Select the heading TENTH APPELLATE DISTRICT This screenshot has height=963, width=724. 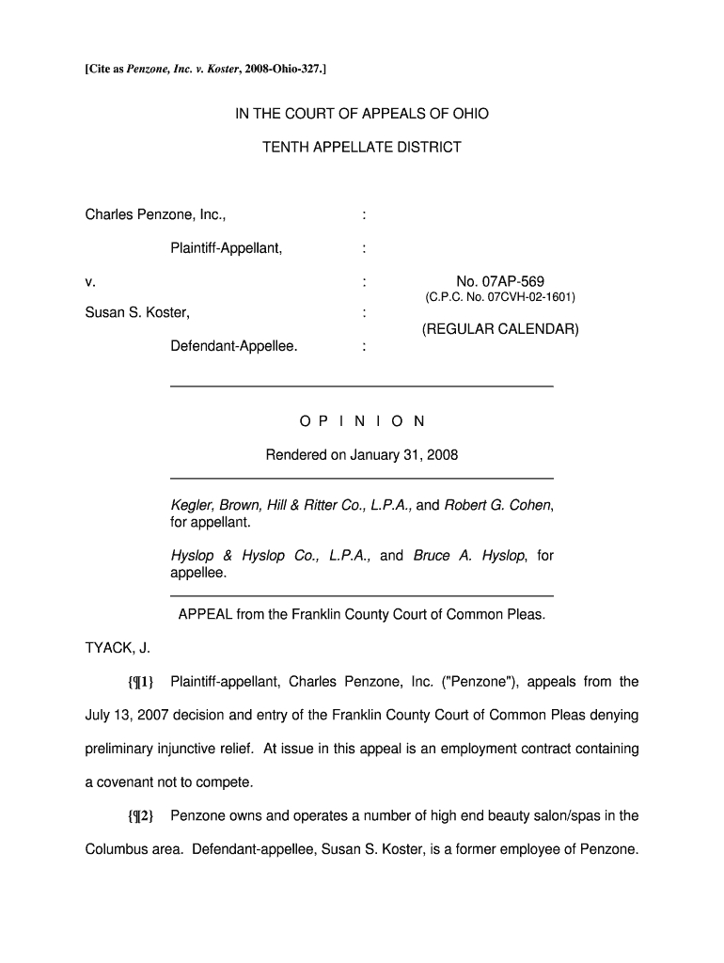(362, 147)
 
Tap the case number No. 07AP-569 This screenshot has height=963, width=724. (499, 281)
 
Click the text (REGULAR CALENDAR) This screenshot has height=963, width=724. (499, 330)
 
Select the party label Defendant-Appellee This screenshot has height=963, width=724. (233, 346)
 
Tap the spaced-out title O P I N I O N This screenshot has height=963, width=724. (362, 421)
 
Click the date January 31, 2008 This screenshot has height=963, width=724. (404, 455)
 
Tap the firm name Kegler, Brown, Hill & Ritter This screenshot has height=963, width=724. (269, 505)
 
